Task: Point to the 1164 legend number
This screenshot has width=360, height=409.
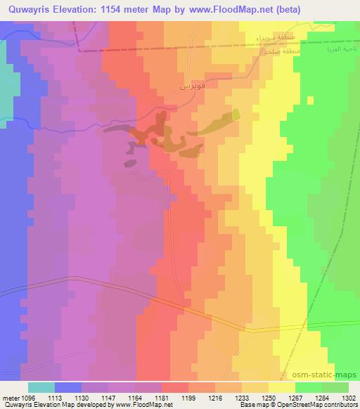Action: [136, 398]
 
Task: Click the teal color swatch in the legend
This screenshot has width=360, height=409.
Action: [41, 387]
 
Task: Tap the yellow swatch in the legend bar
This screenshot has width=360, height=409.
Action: [281, 387]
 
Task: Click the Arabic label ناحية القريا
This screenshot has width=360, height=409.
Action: [334, 51]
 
